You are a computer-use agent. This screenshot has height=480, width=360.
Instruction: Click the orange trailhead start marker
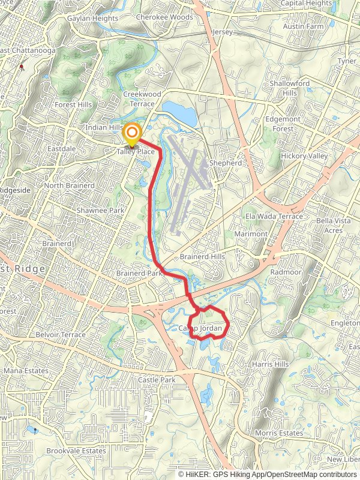click(x=131, y=134)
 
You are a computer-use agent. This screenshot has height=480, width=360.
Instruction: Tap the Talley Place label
click(x=136, y=152)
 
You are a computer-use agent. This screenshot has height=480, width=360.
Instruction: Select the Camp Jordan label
click(x=205, y=328)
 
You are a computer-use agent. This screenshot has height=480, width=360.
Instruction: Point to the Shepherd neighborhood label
click(x=225, y=163)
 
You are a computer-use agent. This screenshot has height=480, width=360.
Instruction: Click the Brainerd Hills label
click(x=202, y=256)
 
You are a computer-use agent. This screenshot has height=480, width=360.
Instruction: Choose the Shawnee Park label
click(x=100, y=211)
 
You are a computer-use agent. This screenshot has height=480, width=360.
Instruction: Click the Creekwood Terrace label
click(x=142, y=99)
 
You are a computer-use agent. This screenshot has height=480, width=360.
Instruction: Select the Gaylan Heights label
click(x=92, y=19)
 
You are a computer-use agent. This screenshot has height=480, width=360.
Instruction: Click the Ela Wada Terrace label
click(x=274, y=216)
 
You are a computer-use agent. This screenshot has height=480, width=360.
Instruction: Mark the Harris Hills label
click(x=271, y=364)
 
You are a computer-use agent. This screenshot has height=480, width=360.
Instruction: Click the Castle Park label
click(x=156, y=380)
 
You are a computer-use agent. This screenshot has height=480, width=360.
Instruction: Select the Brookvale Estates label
click(x=76, y=451)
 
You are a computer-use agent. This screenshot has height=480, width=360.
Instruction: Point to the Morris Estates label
click(x=278, y=433)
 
